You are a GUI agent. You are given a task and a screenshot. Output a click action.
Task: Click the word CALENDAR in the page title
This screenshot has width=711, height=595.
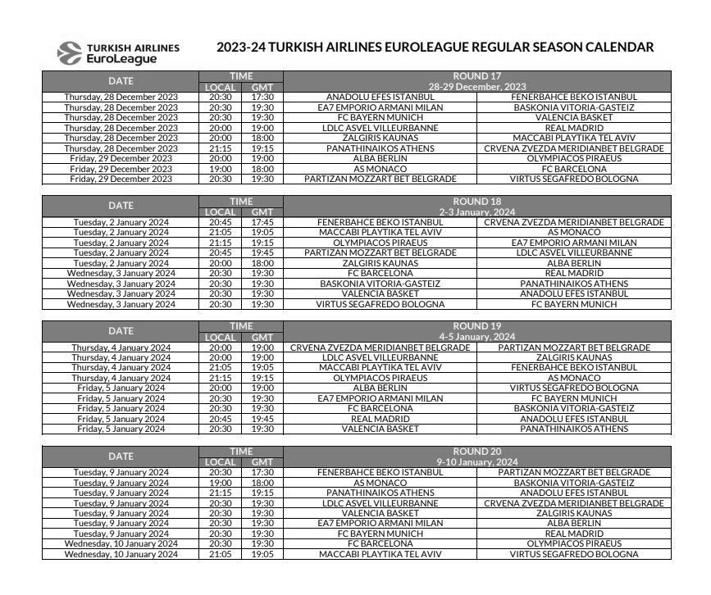tap(614, 47)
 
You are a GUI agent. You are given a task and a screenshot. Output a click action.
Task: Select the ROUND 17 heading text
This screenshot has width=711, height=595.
tap(476, 76)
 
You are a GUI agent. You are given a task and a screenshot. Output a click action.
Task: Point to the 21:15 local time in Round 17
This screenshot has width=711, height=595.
tap(220, 148)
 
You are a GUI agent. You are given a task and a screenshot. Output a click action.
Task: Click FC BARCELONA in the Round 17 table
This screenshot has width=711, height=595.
tap(573, 169)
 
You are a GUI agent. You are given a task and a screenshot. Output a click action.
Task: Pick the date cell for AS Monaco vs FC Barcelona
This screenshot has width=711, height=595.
tap(121, 169)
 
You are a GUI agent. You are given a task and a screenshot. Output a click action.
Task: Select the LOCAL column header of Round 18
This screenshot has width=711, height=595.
tap(220, 211)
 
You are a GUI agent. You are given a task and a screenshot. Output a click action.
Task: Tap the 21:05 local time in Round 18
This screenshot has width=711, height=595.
tap(220, 232)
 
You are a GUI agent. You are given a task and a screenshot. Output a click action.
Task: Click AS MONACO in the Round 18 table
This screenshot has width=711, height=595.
tap(573, 232)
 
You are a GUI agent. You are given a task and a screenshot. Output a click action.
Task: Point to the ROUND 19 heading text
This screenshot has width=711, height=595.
tap(476, 325)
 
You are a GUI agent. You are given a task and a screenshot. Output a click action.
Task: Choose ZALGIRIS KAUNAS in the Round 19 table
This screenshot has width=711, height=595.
tap(573, 357)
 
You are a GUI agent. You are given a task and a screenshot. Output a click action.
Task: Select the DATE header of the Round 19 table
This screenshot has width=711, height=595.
tap(121, 331)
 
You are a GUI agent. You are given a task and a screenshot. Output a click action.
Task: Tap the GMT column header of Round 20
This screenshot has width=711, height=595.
tap(262, 461)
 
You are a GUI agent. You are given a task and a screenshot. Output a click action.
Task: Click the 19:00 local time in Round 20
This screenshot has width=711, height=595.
tap(220, 482)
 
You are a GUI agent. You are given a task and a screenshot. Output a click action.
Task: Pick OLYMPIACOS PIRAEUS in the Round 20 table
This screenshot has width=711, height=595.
tap(573, 543)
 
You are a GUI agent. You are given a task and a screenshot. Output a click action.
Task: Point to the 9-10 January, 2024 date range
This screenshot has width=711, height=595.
tap(476, 461)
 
